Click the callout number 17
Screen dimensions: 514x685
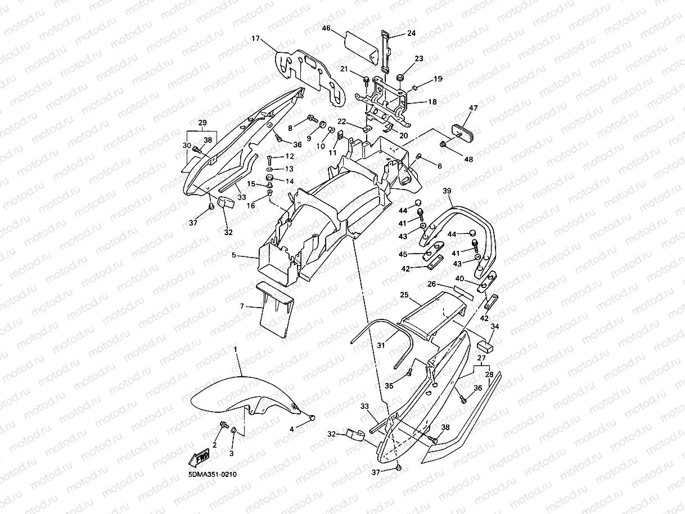(256, 39)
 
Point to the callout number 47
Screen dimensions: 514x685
(473, 107)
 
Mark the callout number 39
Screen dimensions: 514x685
(447, 191)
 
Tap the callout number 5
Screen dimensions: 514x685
(233, 255)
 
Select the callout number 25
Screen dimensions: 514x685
(404, 295)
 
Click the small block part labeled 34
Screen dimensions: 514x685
(485, 344)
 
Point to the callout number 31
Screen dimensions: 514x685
(381, 345)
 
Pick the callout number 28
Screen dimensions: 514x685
(489, 374)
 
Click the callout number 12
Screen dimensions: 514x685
(290, 156)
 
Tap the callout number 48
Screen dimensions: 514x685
(468, 160)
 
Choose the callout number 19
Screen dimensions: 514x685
(438, 79)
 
